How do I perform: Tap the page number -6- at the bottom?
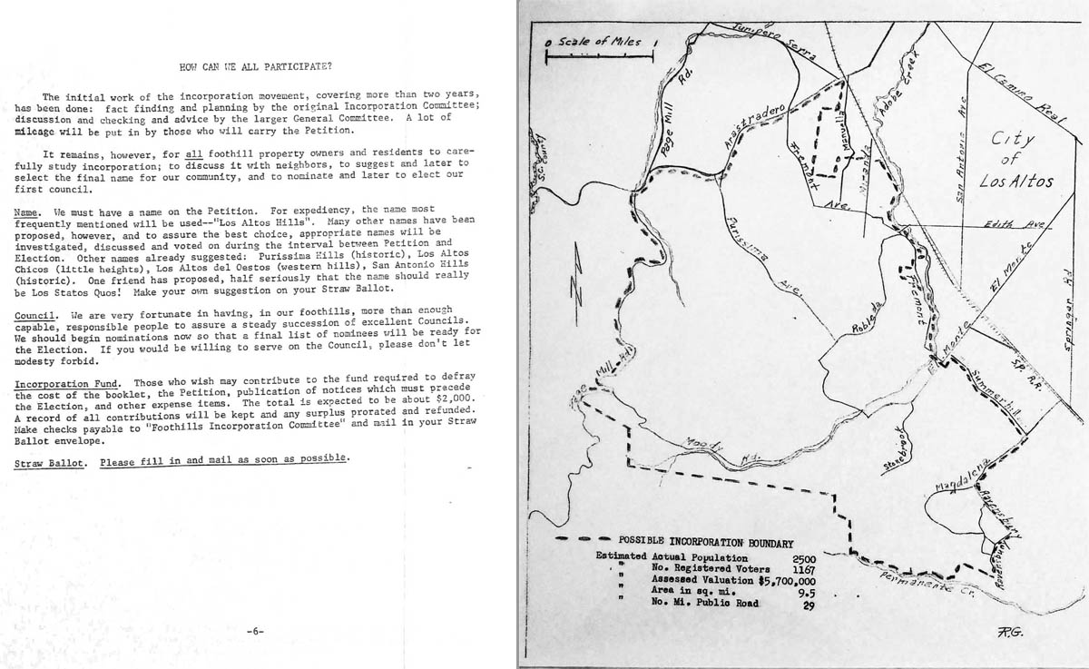coord(255,629)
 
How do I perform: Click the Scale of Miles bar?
coord(599,57)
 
